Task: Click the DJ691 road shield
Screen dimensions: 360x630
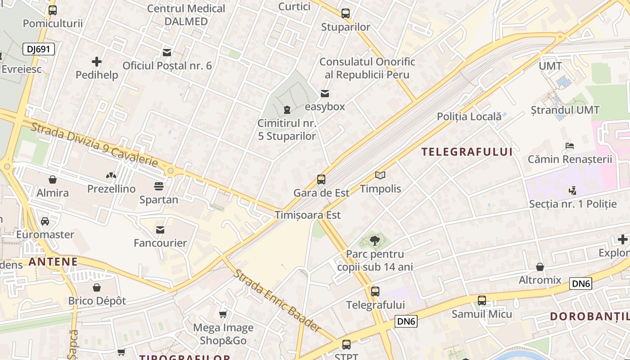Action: point(39,49)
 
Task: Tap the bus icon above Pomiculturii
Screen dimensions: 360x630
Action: point(53,10)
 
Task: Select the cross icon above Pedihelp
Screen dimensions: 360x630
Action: point(97,62)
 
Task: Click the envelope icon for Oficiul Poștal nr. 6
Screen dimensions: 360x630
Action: point(167,53)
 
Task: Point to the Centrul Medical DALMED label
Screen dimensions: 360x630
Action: point(186,15)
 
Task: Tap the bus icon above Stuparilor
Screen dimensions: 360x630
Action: point(346,13)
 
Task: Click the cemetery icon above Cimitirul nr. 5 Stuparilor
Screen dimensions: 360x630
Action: point(287,109)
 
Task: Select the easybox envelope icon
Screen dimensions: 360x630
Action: point(324,94)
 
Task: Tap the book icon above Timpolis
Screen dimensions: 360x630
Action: point(380,175)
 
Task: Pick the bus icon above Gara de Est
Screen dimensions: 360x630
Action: point(321,180)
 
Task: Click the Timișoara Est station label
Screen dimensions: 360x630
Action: point(308,215)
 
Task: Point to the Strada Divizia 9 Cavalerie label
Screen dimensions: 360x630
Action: point(94,144)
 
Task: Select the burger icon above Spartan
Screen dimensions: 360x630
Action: point(158,186)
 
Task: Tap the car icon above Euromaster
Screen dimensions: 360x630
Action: point(45,221)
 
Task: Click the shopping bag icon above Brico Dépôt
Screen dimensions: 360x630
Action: point(97,288)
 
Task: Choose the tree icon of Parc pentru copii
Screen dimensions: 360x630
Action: point(374,241)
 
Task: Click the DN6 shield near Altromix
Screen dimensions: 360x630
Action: point(580,283)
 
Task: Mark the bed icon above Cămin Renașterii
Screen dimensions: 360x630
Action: point(570,146)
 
